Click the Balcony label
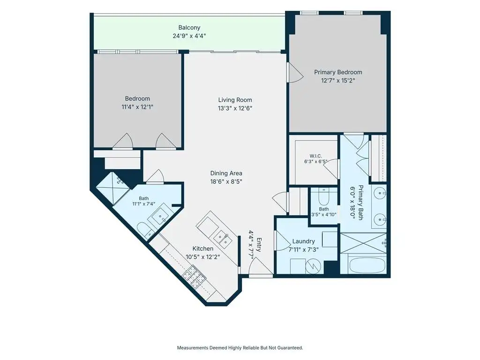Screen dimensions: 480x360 point(189,28)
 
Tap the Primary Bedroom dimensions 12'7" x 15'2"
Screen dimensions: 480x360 point(338,81)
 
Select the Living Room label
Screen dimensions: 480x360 point(235,100)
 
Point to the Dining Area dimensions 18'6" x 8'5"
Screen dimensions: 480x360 point(226,181)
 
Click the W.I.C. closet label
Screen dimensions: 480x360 point(315,156)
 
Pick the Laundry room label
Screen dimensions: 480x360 point(303,241)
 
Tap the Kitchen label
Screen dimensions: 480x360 point(202,248)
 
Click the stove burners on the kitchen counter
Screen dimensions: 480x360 point(195,277)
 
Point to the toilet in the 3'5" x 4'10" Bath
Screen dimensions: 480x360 point(324,196)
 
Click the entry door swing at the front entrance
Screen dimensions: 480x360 point(260,266)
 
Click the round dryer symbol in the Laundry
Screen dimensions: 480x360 point(314,267)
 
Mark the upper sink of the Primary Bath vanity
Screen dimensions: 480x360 point(380,193)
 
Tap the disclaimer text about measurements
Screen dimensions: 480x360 point(240,348)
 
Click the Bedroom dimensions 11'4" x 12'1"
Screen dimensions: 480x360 point(137,107)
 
